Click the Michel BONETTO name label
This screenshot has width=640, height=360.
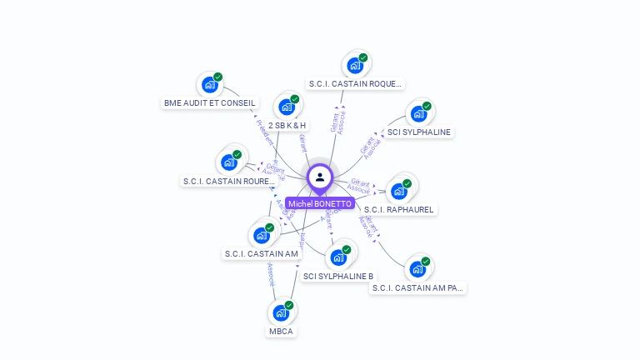(x=320, y=203)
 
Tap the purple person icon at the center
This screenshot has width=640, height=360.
(x=320, y=177)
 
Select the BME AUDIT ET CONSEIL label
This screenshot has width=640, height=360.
(x=210, y=103)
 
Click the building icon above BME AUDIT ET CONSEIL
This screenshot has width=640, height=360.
(x=209, y=84)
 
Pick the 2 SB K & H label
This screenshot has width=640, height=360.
(x=287, y=125)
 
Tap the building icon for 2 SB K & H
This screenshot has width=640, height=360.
(x=287, y=107)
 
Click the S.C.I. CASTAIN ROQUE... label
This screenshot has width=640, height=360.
(x=356, y=83)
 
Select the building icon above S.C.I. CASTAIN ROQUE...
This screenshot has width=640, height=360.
(x=356, y=65)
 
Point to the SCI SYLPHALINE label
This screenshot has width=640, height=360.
(x=419, y=132)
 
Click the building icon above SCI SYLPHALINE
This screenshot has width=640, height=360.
(x=418, y=113)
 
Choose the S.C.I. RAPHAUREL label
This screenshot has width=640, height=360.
(x=399, y=209)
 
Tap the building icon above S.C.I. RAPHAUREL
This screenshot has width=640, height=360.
(x=399, y=191)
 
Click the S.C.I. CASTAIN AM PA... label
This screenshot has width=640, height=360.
(x=418, y=287)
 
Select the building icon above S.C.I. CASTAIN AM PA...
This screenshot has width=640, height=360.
(x=417, y=269)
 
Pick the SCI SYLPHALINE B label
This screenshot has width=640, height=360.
(x=338, y=276)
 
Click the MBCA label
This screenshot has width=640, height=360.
(x=281, y=331)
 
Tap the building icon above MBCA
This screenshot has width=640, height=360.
(x=281, y=313)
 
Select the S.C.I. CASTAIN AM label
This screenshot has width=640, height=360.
(x=262, y=253)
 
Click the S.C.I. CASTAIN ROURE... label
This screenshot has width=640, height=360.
(x=228, y=181)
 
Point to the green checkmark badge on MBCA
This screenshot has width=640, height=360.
(x=289, y=306)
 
